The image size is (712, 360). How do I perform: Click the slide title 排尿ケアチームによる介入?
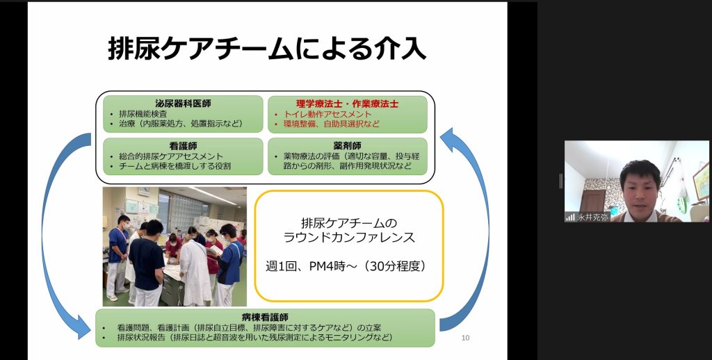tap(267, 49)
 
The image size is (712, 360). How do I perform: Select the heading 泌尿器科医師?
tap(183, 104)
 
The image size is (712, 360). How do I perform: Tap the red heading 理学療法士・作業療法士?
tap(347, 104)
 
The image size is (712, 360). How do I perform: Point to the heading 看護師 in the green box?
tap(183, 146)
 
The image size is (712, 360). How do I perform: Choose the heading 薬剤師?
tap(348, 146)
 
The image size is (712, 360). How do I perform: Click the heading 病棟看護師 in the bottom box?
tap(265, 317)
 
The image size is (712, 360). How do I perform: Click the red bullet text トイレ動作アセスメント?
tap(327, 114)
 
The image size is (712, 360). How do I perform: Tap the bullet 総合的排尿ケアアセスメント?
tap(171, 156)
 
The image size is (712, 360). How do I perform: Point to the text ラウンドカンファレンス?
tap(349, 237)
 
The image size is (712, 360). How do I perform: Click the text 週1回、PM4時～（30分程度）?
tap(346, 266)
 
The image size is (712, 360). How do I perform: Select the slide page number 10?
tap(465, 338)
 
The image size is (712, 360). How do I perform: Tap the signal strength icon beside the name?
tap(570, 218)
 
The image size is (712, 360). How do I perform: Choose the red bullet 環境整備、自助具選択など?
tap(332, 124)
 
